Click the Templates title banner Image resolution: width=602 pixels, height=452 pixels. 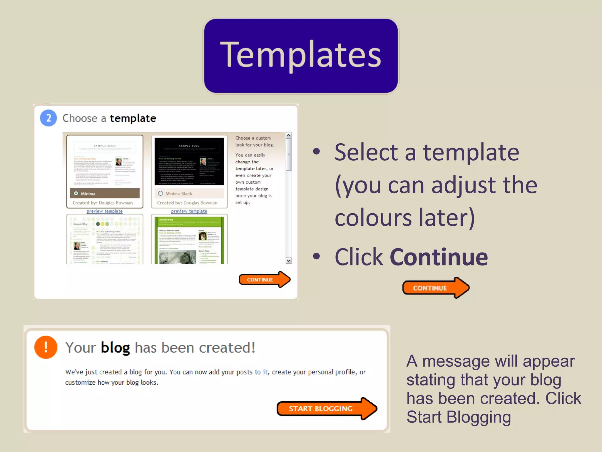coord(301,56)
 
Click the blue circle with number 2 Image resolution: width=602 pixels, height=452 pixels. coord(49,118)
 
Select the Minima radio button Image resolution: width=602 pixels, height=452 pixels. coord(76,193)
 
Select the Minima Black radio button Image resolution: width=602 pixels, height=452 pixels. coord(160,193)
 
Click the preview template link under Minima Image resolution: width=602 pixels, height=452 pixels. coord(104,211)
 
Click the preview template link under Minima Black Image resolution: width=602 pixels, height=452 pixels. coord(189,211)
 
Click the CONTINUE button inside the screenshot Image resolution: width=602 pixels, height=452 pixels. coord(264,280)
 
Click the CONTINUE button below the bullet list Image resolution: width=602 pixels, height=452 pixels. coord(435,288)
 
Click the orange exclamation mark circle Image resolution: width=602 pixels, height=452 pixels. coord(46,347)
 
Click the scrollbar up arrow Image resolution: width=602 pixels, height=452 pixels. coord(289,135)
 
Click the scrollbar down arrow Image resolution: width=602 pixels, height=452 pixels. coord(289,260)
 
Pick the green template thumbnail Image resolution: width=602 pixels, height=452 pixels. coord(189,240)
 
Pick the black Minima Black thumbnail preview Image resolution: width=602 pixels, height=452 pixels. coord(189,161)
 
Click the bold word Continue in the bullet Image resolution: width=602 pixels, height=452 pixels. coord(439,257)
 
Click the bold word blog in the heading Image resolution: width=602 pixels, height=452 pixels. coord(115,348)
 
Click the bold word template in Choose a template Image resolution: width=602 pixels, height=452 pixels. coord(133,118)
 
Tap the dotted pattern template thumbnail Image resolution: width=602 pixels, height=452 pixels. coord(105,240)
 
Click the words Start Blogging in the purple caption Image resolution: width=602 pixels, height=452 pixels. coord(459,417)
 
